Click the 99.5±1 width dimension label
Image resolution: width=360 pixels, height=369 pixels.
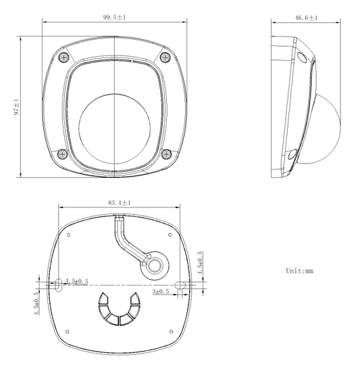[114, 17]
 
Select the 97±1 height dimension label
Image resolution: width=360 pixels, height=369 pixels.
[16, 107]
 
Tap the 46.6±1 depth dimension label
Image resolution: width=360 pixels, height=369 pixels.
[306, 18]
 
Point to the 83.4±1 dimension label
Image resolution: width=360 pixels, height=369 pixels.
[120, 203]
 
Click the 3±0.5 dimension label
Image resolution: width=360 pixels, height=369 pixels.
[161, 291]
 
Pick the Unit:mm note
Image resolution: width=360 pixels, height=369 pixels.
[300, 270]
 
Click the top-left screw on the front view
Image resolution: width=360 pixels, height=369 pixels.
[63, 57]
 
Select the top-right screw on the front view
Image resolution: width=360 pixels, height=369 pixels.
[165, 57]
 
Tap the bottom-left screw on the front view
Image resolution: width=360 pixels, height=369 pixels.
[62, 154]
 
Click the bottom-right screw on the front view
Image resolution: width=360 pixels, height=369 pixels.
[166, 154]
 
